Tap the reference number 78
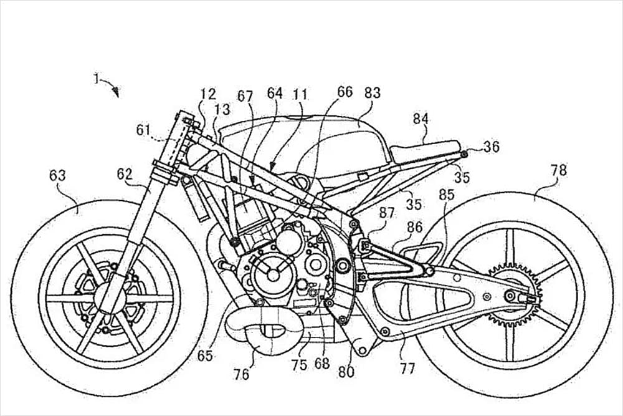point(559,170)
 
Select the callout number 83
point(373,92)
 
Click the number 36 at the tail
point(492,147)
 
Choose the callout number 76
point(241,374)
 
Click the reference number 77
point(407,368)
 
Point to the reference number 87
point(386,213)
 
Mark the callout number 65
point(205,356)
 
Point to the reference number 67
point(245,95)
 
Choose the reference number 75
point(300,365)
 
